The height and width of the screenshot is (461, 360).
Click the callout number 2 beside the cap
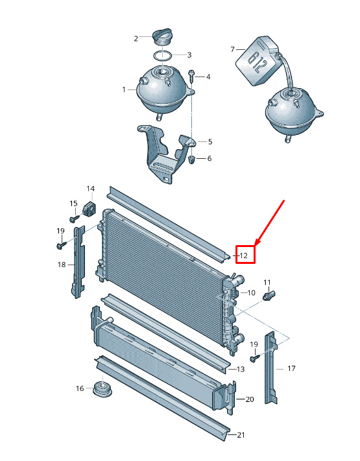[x=136, y=38]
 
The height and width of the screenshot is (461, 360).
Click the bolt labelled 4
[x=191, y=76]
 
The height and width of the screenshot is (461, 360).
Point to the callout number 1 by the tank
[x=124, y=89]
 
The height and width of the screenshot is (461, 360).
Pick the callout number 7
[x=232, y=49]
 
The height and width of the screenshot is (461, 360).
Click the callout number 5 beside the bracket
[x=210, y=142]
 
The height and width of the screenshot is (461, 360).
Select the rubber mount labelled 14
[x=90, y=208]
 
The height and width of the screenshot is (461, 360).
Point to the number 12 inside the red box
[x=243, y=255]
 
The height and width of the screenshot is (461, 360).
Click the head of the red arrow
[x=256, y=244]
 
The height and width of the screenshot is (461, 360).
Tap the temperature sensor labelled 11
[x=269, y=295]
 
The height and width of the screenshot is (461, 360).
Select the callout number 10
[x=251, y=293]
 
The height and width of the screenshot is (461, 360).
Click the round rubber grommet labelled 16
[x=102, y=389]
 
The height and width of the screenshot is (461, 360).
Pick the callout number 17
[x=291, y=368]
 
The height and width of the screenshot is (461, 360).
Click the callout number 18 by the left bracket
[x=62, y=265]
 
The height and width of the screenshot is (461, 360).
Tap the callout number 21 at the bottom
[x=241, y=435]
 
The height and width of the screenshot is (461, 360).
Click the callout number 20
[x=250, y=399]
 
